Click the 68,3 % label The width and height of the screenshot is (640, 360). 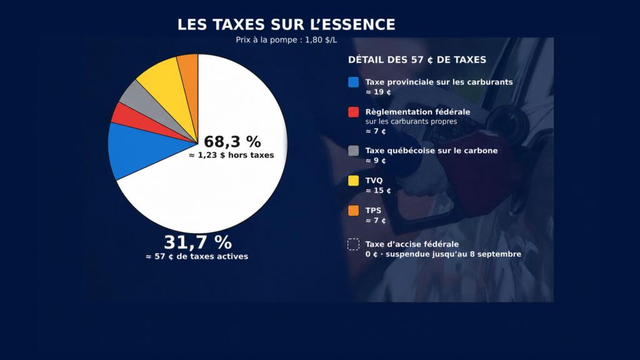(x=232, y=142)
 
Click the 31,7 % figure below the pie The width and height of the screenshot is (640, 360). (x=197, y=242)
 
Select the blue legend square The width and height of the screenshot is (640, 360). (x=354, y=82)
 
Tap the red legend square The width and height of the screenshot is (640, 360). (x=354, y=112)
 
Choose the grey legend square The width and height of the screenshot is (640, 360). (x=354, y=151)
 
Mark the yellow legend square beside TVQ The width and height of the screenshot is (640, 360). (x=354, y=181)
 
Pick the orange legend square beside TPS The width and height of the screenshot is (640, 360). (x=354, y=211)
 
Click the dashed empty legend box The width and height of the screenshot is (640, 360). (x=354, y=244)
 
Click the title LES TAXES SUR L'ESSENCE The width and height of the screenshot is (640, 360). (x=286, y=24)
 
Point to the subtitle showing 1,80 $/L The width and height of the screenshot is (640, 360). (x=286, y=40)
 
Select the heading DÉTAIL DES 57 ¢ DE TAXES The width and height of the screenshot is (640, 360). (x=417, y=60)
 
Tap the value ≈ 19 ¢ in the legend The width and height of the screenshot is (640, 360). (x=378, y=92)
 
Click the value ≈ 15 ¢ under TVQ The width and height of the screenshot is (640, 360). (x=378, y=191)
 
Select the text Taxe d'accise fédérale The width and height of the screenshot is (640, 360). (x=412, y=244)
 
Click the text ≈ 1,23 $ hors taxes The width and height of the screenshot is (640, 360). (x=231, y=155)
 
